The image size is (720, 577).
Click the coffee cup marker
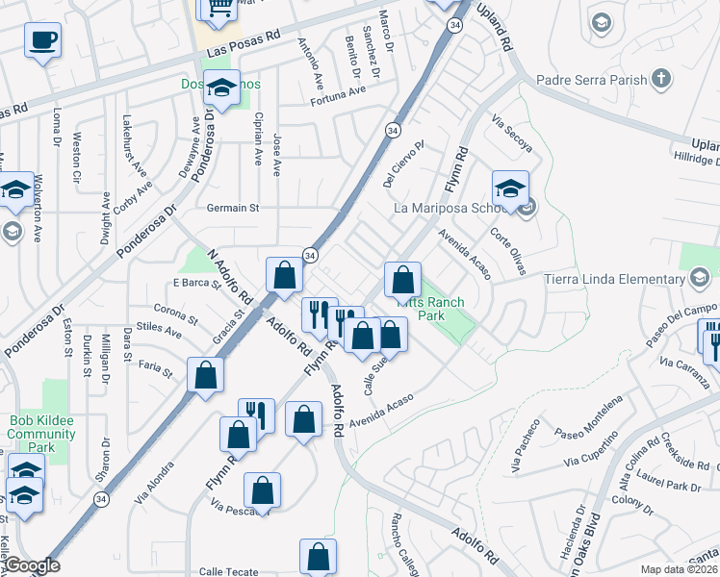click(x=41, y=40)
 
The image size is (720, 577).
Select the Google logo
click(x=32, y=565)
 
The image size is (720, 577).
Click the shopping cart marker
click(x=217, y=8)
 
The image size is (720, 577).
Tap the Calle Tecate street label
click(x=228, y=572)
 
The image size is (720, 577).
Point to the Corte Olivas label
click(x=508, y=249)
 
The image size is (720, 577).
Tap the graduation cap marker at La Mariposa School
click(x=510, y=187)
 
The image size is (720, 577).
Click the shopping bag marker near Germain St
click(x=285, y=276)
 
